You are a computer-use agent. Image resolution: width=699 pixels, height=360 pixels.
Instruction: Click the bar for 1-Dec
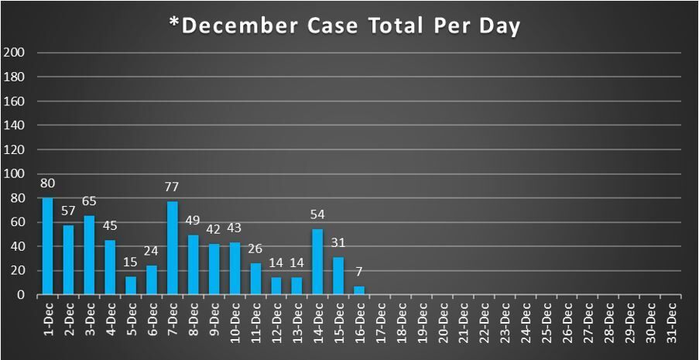(x=47, y=246)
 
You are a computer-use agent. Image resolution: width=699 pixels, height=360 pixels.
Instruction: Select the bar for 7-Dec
(x=172, y=248)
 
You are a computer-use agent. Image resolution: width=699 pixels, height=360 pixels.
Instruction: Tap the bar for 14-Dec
(x=317, y=262)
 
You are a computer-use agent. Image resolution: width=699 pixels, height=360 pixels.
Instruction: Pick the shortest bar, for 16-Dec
(x=359, y=290)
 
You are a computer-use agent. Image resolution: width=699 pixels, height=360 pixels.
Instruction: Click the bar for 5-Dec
(x=131, y=286)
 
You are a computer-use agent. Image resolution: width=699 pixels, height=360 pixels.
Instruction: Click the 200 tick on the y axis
(x=15, y=53)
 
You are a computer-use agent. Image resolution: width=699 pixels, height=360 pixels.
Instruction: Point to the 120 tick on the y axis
(x=15, y=149)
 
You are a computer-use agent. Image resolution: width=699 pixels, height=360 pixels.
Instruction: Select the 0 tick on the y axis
(x=22, y=295)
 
